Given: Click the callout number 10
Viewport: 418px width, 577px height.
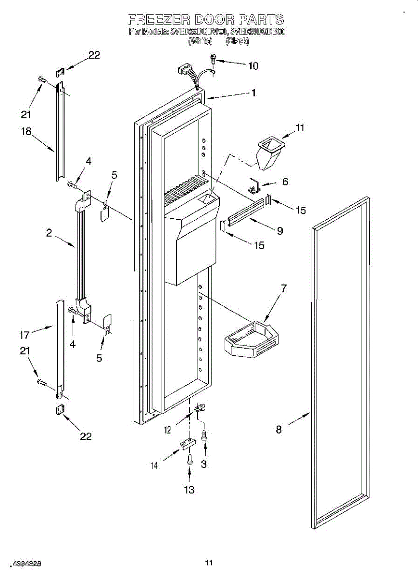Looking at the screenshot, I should pyautogui.click(x=253, y=66).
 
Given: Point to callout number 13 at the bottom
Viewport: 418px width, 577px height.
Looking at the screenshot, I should pyautogui.click(x=189, y=490).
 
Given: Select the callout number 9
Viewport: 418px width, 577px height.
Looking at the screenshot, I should pyautogui.click(x=279, y=231).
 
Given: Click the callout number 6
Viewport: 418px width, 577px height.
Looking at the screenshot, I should pyautogui.click(x=285, y=181).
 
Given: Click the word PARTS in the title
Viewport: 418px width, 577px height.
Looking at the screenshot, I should pyautogui.click(x=260, y=20).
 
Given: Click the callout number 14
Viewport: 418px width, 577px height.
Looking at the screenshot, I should pyautogui.click(x=154, y=465).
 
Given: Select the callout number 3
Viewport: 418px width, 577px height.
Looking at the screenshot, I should pyautogui.click(x=204, y=464).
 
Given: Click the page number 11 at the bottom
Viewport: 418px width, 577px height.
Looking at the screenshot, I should pyautogui.click(x=208, y=562).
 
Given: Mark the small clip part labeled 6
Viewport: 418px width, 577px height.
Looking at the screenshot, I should pyautogui.click(x=254, y=186).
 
